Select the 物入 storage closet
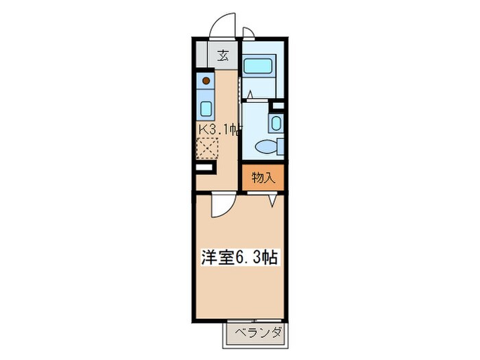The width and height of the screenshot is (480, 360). [x=263, y=178]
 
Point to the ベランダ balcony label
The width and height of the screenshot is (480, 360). [x=254, y=334]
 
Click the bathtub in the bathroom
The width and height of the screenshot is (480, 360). [x=259, y=66]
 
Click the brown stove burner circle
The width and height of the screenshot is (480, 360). [x=206, y=81]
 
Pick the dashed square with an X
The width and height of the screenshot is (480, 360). [x=207, y=148]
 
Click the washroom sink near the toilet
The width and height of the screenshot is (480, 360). [x=275, y=123]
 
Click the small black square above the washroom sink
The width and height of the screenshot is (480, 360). [x=278, y=106]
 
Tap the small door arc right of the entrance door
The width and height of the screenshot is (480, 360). [x=248, y=32]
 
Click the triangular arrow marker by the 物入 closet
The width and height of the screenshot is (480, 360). [x=273, y=200]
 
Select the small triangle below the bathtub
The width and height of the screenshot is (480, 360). [x=252, y=94]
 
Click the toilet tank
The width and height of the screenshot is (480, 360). [x=279, y=146]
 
